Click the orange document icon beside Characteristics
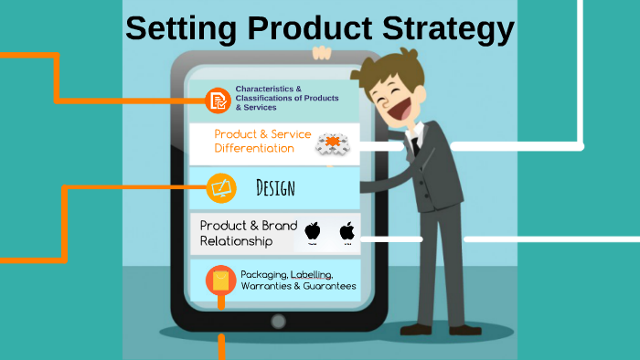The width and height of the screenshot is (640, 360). click(x=218, y=99)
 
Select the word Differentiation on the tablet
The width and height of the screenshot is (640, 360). click(x=254, y=148)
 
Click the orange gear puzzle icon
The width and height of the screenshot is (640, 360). click(x=333, y=143)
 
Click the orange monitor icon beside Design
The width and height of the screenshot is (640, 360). click(x=221, y=188)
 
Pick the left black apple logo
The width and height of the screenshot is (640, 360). click(x=313, y=231)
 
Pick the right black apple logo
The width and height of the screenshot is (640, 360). click(x=347, y=231)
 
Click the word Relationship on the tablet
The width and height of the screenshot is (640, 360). click(x=236, y=242)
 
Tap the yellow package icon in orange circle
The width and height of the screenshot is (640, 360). click(x=219, y=280)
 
